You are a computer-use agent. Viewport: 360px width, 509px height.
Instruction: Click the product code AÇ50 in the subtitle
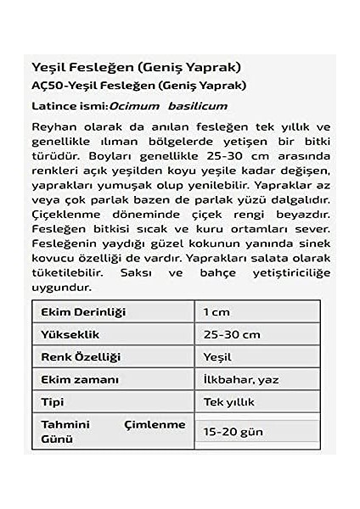[43, 85]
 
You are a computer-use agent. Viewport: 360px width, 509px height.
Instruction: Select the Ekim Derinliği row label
[81, 311]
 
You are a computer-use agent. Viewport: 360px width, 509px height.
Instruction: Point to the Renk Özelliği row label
[81, 357]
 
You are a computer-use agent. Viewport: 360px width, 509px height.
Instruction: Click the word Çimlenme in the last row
[156, 423]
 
